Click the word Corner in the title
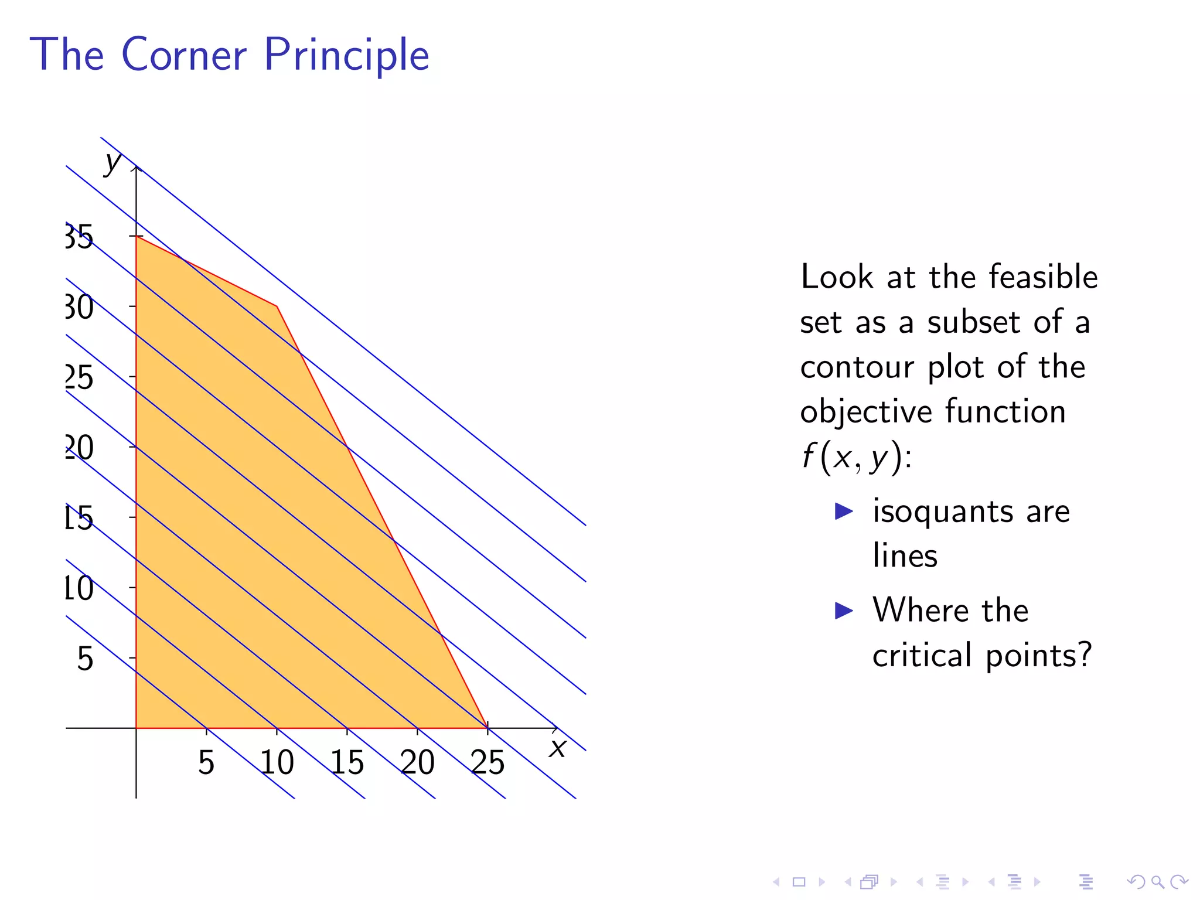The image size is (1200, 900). click(x=184, y=54)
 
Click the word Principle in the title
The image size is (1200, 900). click(x=346, y=56)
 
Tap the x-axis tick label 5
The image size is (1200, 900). click(x=206, y=762)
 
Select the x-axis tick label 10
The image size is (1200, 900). click(x=277, y=762)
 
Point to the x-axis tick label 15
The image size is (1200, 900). click(x=347, y=762)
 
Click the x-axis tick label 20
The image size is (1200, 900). click(x=417, y=762)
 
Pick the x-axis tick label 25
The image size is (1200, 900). click(x=487, y=762)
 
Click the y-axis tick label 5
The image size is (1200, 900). click(x=85, y=659)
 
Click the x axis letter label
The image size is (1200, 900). click(x=557, y=748)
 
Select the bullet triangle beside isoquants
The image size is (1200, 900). click(x=843, y=511)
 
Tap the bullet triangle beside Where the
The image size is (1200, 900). click(x=843, y=611)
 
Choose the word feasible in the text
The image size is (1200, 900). click(x=1042, y=277)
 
